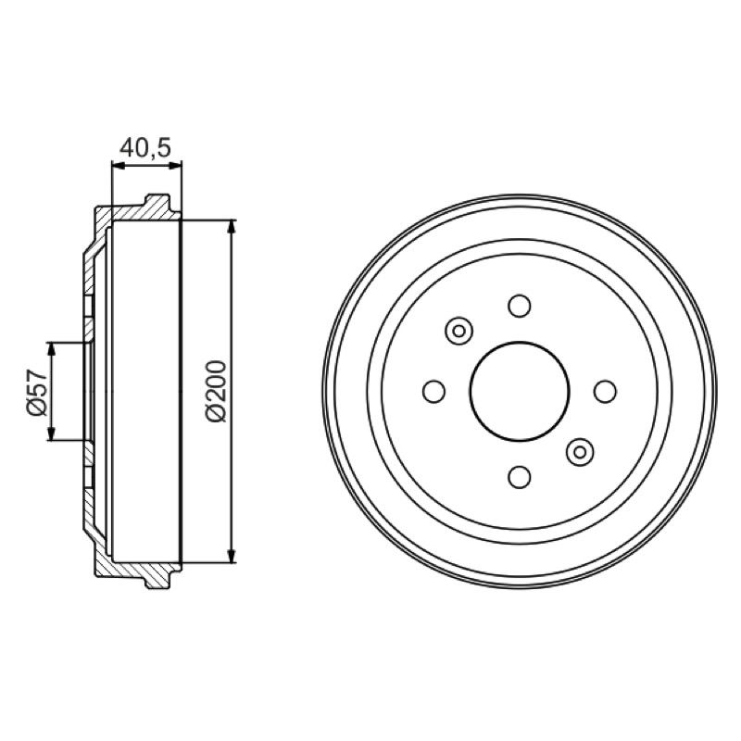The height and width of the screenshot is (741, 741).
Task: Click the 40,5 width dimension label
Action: click(144, 148)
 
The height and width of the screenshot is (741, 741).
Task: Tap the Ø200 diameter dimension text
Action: click(216, 391)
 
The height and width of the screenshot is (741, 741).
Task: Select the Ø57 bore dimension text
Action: click(37, 392)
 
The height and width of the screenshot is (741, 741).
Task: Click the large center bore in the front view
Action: click(520, 391)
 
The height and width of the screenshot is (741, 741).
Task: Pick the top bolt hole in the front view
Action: click(520, 306)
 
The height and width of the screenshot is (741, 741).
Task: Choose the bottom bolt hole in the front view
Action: click(520, 477)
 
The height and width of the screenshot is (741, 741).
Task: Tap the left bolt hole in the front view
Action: click(433, 391)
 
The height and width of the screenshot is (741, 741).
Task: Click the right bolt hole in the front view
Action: click(606, 391)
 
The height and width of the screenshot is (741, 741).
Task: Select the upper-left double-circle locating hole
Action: click(458, 331)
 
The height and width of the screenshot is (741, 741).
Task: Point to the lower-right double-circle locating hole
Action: click(580, 452)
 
